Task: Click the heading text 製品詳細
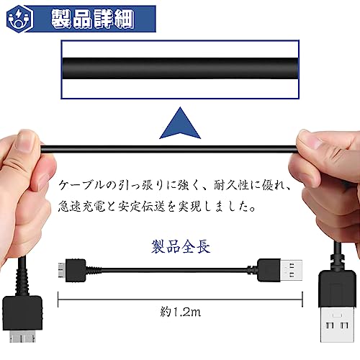pyautogui.click(x=93, y=19)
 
